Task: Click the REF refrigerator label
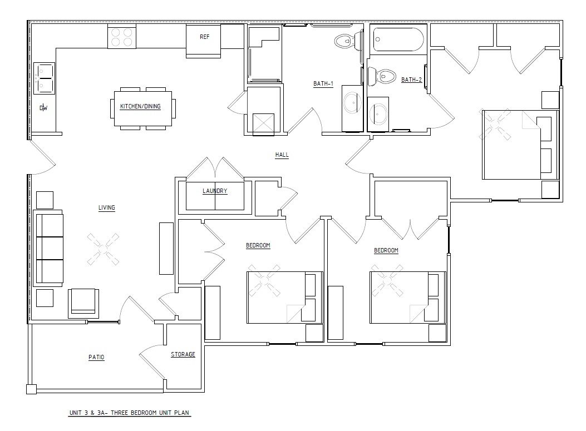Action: (204, 37)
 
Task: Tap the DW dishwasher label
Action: (44, 108)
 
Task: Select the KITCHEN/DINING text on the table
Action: (140, 106)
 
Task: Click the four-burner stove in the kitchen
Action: (122, 37)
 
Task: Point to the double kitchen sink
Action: (44, 78)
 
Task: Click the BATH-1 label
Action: (323, 83)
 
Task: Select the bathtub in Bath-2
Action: (398, 39)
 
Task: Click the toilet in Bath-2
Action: (382, 76)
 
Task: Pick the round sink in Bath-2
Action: (378, 113)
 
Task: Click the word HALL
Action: (282, 155)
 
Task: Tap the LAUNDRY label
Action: (215, 191)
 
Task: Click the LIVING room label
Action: (106, 207)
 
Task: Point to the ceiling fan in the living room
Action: (103, 249)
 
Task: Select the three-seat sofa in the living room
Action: (48, 248)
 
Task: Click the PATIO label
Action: (96, 358)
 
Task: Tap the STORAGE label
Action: (183, 354)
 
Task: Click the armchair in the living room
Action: (83, 303)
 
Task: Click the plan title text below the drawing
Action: (129, 413)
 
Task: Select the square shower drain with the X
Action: (263, 123)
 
